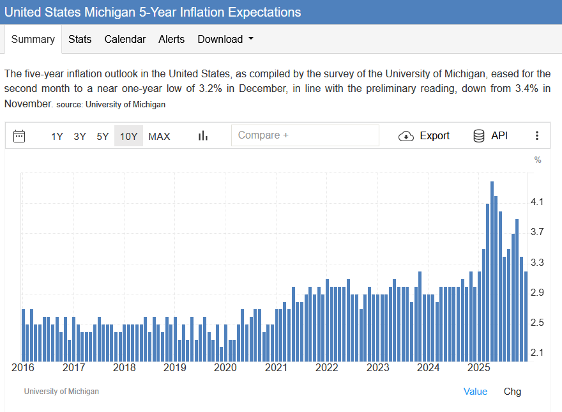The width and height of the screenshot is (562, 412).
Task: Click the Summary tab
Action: tap(33, 39)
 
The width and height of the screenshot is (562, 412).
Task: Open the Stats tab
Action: tap(80, 39)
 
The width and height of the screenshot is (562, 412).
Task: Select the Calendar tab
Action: tap(125, 39)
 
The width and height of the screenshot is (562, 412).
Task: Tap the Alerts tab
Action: tap(171, 39)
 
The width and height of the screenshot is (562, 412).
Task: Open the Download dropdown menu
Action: tap(225, 39)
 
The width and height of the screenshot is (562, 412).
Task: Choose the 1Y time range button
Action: tap(57, 136)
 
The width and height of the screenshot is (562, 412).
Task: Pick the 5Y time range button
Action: tap(102, 136)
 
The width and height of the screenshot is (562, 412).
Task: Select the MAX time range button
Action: tap(159, 136)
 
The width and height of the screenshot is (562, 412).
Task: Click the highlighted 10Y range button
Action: tap(128, 136)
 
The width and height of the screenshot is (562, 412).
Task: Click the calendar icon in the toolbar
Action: tap(19, 135)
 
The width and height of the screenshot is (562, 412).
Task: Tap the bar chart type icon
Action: tap(203, 135)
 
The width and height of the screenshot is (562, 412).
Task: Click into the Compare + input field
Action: tap(305, 135)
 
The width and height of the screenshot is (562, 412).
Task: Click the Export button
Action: tap(424, 135)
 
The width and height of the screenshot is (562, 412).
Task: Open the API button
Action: tap(490, 135)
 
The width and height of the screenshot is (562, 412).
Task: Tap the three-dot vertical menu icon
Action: tap(537, 135)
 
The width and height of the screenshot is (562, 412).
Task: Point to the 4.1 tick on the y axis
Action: tap(537, 202)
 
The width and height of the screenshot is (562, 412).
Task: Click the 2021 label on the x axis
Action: tap(276, 368)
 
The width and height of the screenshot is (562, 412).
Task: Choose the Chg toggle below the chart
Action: tap(512, 392)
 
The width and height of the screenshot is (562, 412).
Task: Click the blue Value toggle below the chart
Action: tap(475, 392)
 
